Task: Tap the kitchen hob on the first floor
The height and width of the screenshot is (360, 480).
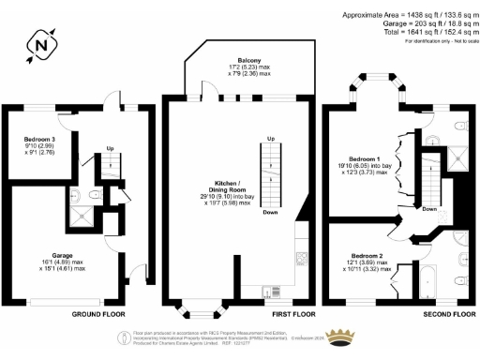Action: pos(302,256)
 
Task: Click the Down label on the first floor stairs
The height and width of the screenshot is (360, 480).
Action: pos(269,213)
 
